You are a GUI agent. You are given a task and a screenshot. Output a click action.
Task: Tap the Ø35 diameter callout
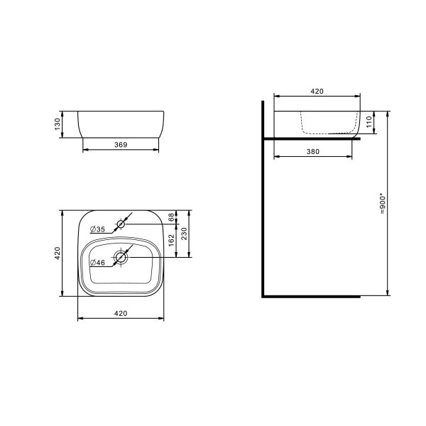(98, 229)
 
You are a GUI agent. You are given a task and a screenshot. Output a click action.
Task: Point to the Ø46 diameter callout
(98, 263)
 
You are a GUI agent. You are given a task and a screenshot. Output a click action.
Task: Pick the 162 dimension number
(172, 241)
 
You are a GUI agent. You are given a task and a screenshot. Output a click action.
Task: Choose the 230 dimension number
(185, 235)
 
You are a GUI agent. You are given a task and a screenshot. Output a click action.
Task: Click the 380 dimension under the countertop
(312, 151)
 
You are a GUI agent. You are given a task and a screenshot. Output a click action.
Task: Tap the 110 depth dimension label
(368, 123)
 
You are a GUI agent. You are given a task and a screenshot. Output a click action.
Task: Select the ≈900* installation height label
(383, 202)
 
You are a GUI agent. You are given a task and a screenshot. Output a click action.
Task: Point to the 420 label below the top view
(120, 313)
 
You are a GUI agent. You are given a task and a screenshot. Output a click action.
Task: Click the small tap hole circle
(121, 224)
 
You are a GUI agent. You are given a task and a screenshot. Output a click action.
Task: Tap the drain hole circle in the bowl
(121, 258)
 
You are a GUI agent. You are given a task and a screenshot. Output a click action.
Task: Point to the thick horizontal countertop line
(312, 138)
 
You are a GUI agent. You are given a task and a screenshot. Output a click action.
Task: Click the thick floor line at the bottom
(312, 295)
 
